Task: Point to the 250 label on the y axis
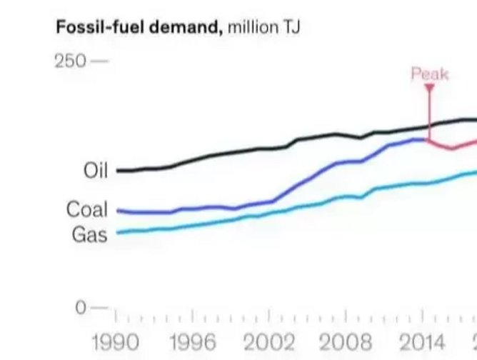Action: point(69,61)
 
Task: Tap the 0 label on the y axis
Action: point(81,308)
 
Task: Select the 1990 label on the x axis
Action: point(116,341)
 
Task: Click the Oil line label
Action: point(95,171)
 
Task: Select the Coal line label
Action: point(86,209)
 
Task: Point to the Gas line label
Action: point(89,234)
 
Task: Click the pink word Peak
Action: point(430,74)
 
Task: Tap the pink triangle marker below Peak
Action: point(430,88)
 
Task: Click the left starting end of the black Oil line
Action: point(117,171)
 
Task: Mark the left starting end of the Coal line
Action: point(117,211)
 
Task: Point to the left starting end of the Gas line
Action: point(117,232)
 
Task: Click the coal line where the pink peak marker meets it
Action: point(429,140)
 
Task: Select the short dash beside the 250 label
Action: point(100,61)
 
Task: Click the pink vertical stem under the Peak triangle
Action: point(430,114)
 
